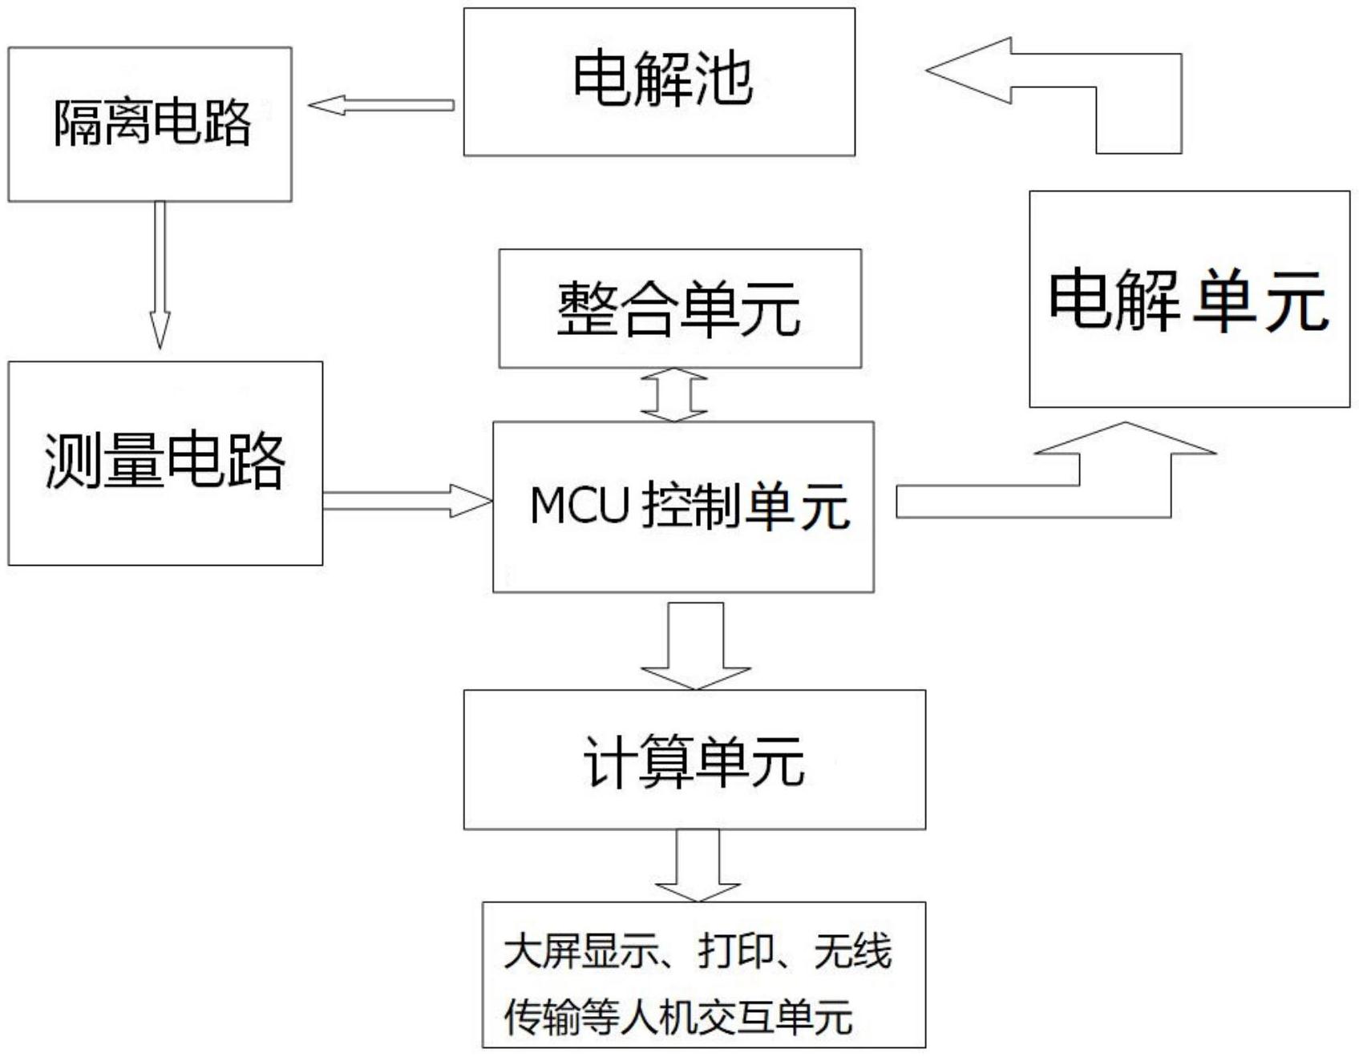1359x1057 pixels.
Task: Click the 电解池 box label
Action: tap(662, 80)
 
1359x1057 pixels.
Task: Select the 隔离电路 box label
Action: tap(152, 123)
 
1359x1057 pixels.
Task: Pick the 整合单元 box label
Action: tap(679, 309)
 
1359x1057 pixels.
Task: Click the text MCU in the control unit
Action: tap(579, 506)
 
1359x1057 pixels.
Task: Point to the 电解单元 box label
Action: tap(1188, 301)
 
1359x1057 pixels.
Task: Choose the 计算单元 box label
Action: tap(694, 760)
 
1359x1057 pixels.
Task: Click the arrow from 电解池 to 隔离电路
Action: tap(382, 105)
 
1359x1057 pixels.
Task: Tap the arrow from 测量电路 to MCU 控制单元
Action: tap(406, 501)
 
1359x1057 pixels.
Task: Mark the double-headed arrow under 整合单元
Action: tap(674, 394)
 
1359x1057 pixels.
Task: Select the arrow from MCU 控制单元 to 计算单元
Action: tap(695, 645)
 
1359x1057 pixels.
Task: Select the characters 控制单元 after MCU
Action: tap(746, 506)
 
